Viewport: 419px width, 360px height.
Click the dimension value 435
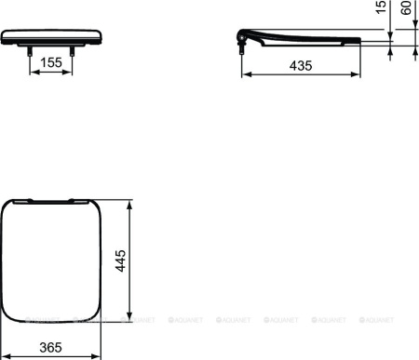click(x=299, y=67)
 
